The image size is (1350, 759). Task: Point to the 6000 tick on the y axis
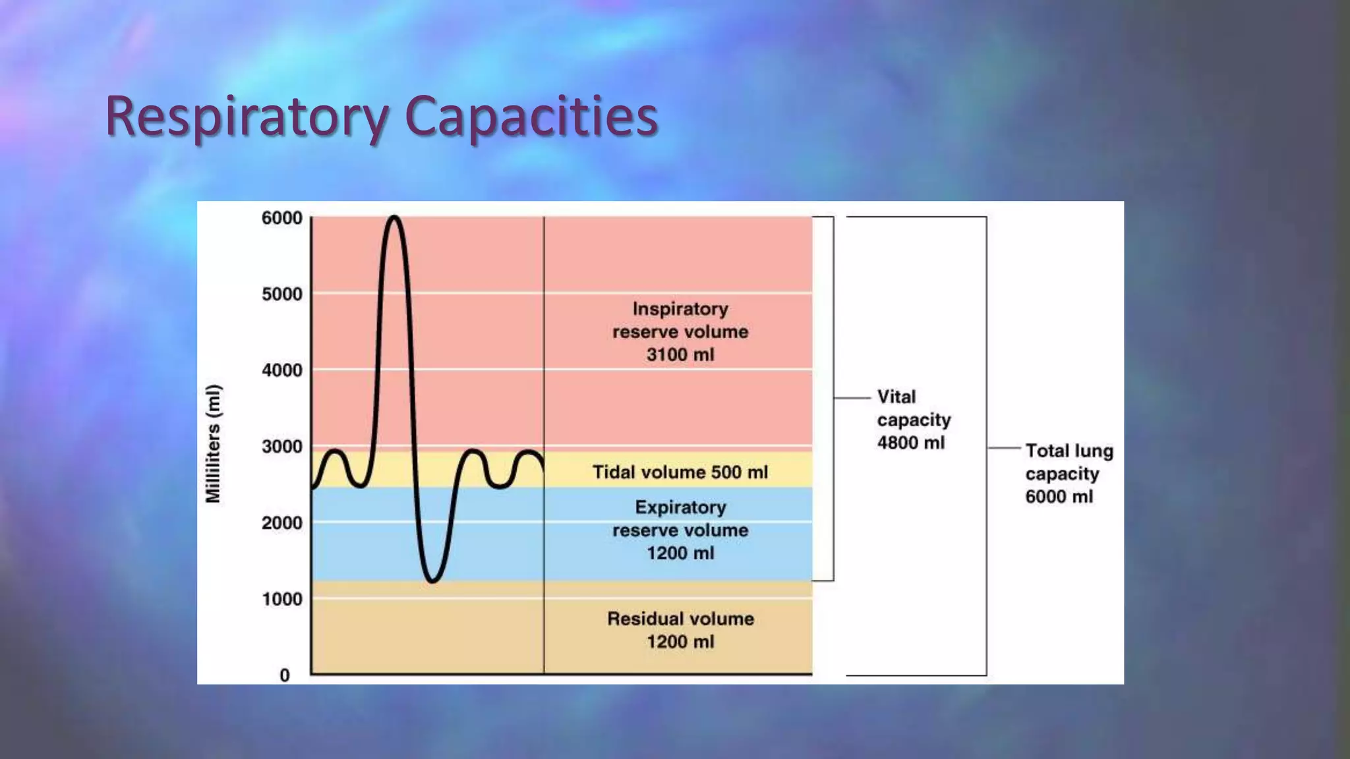282,218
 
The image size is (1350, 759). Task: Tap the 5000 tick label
282,294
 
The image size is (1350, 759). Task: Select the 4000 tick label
282,370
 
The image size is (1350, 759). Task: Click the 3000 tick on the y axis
282,447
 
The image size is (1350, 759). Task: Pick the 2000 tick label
282,523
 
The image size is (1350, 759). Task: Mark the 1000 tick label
282,599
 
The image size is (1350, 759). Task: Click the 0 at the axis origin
285,675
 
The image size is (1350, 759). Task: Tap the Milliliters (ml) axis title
214,444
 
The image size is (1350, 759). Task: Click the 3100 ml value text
680,355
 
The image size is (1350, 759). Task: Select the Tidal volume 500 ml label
680,472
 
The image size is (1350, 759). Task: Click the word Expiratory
680,507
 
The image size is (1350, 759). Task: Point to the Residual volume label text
680,619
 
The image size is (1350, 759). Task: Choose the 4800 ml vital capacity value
910,443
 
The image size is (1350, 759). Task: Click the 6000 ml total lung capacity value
1059,497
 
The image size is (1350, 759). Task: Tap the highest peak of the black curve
394,217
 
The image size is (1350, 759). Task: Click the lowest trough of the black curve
432,580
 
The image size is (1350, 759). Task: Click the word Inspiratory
680,309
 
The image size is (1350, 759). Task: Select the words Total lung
1069,451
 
